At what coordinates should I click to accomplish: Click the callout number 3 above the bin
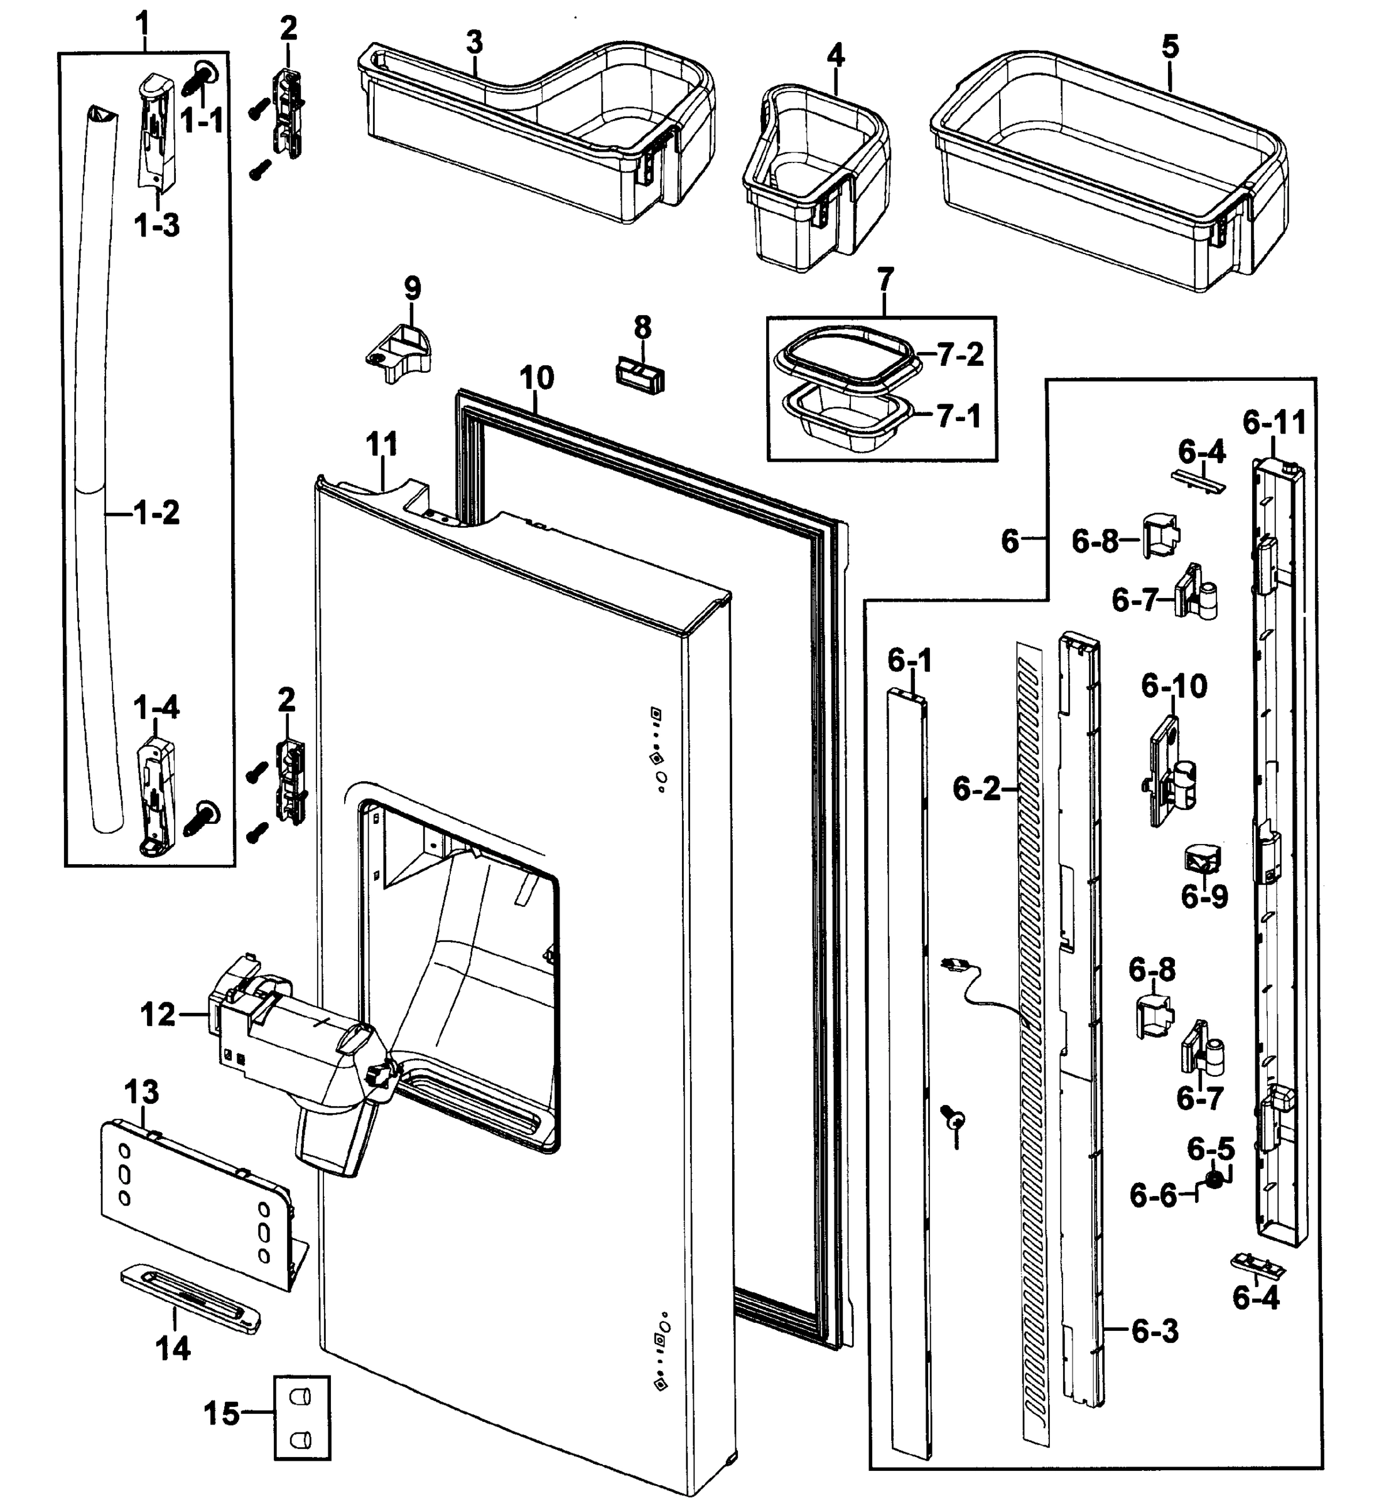click(x=474, y=43)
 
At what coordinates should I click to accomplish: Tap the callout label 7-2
click(x=960, y=355)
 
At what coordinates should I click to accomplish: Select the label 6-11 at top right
click(x=1274, y=423)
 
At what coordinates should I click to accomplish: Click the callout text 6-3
click(x=1155, y=1330)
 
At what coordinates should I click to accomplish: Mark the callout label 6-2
click(x=976, y=789)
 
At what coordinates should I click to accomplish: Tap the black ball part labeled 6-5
click(x=1215, y=1180)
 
